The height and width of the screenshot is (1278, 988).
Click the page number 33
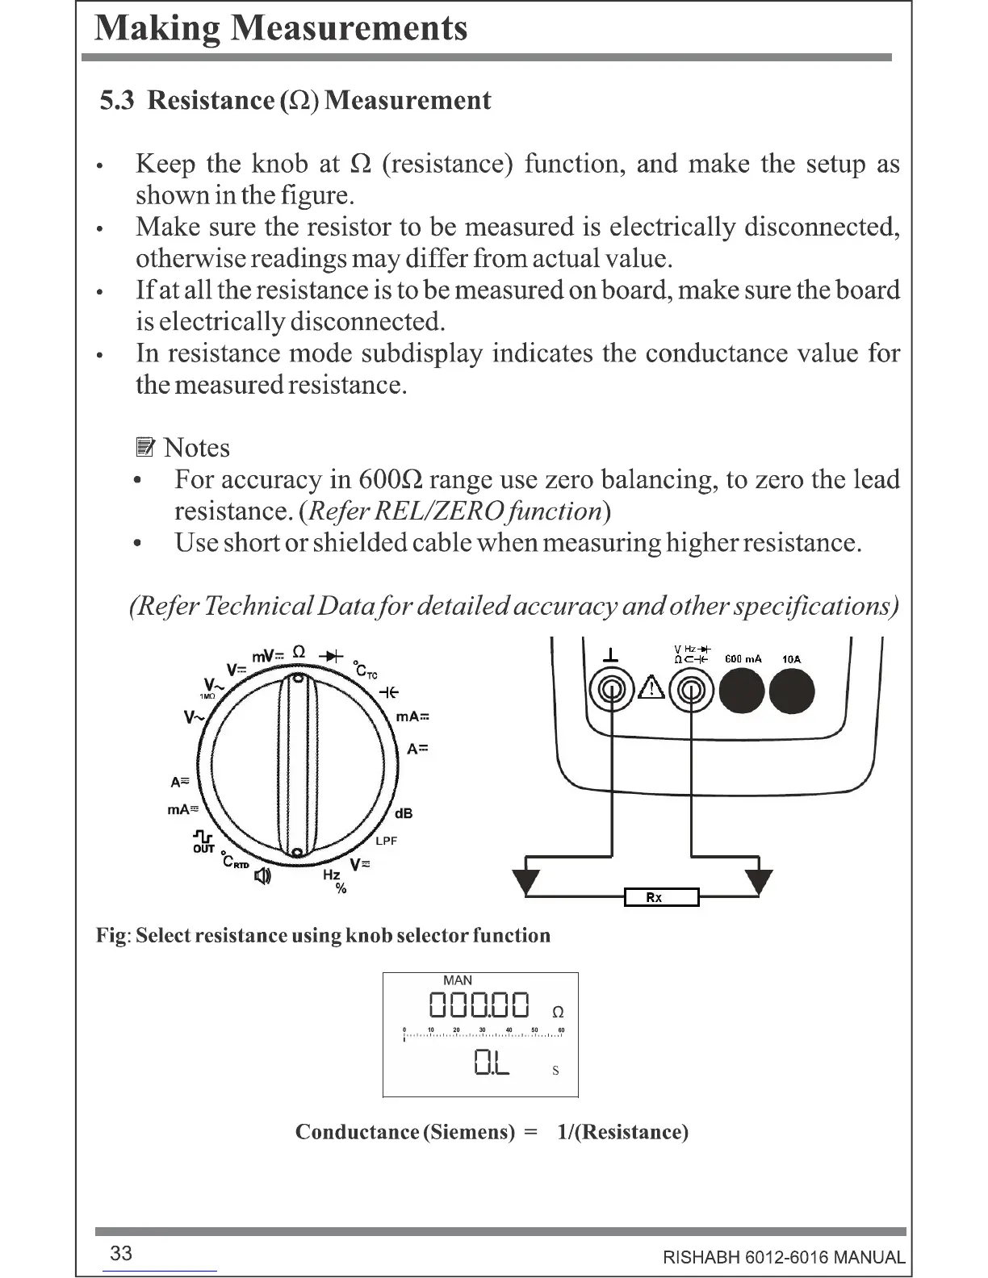click(121, 1253)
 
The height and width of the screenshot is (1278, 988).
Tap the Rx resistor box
click(661, 896)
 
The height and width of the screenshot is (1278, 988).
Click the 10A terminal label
click(791, 659)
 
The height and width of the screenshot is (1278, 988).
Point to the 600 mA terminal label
click(743, 659)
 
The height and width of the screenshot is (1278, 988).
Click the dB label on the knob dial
click(403, 813)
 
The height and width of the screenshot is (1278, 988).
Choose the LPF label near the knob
click(387, 841)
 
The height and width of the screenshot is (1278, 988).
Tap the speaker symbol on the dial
click(263, 875)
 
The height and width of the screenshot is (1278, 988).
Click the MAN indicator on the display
click(458, 980)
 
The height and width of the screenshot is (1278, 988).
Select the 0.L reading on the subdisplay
click(492, 1063)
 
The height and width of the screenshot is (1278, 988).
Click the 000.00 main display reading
click(479, 1006)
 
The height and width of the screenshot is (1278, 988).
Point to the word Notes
click(196, 448)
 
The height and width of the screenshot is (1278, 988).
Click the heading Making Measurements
click(281, 28)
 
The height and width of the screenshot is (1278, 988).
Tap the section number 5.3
click(117, 101)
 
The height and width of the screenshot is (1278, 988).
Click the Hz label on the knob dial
click(331, 875)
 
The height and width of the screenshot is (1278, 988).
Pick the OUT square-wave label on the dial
click(203, 842)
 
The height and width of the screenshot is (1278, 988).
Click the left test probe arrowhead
click(526, 881)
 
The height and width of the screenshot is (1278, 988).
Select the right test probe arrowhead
click(759, 881)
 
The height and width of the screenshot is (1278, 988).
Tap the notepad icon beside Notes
click(144, 448)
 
